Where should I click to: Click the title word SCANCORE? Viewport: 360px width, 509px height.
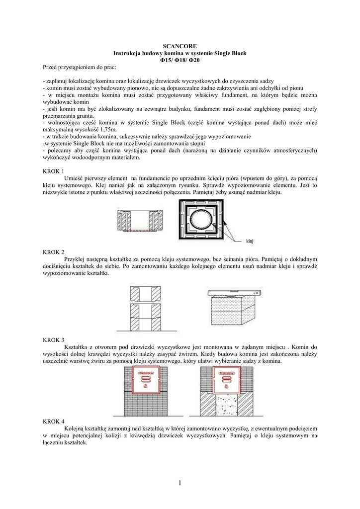[x=180, y=46]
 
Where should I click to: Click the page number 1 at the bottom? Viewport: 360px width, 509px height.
[x=180, y=483]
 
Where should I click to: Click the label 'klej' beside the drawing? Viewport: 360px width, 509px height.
[x=250, y=241]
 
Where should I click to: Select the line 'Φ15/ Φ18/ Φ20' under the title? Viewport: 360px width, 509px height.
[x=180, y=60]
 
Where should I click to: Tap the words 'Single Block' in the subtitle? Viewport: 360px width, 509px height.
[x=229, y=53]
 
